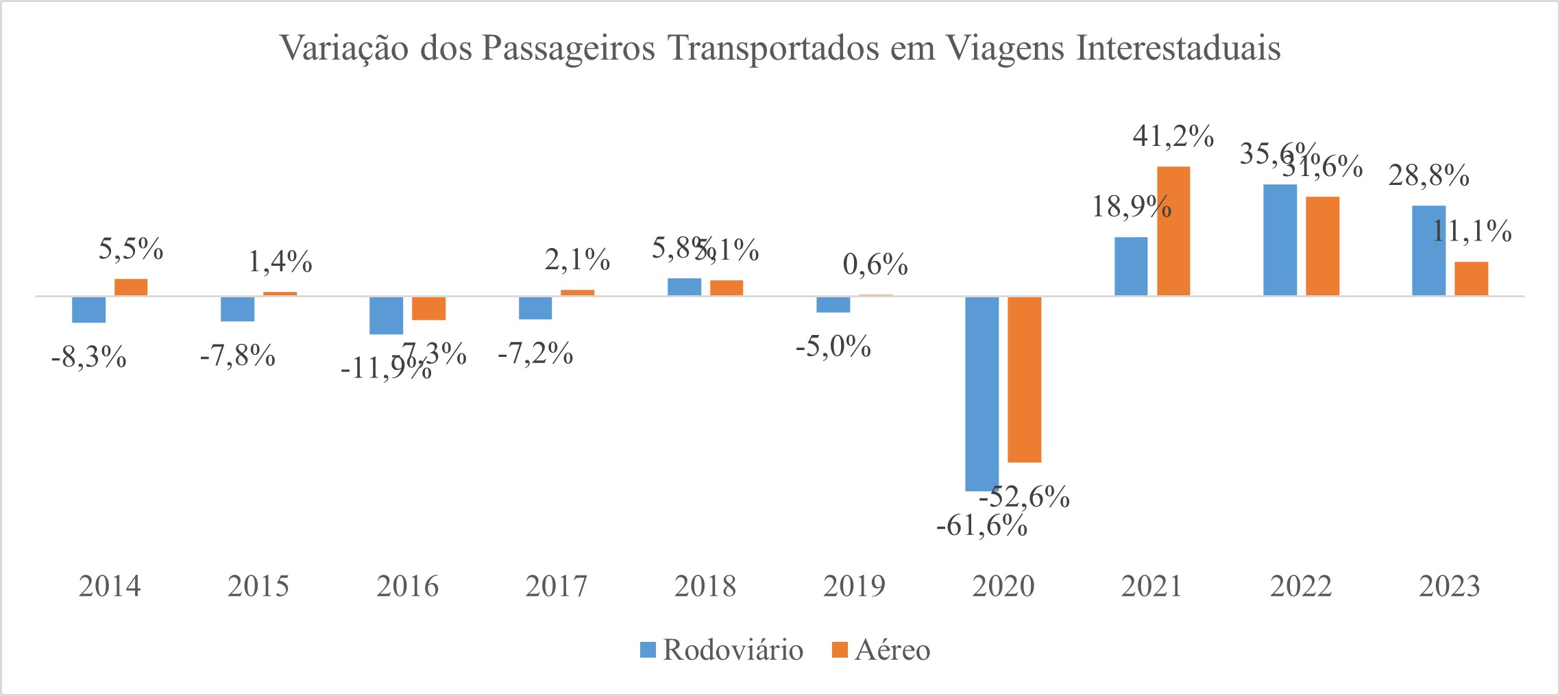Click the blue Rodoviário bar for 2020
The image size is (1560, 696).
pos(982,393)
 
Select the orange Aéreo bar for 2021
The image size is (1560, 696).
pos(1173,231)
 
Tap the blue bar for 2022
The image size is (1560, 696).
pos(1280,240)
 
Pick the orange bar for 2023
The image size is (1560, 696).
pos(1471,278)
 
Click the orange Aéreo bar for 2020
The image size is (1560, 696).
pos(1024,379)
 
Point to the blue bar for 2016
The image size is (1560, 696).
pos(386,315)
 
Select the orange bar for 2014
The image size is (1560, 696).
pos(131,287)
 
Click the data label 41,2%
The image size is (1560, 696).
pos(1173,136)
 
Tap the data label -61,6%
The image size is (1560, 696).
pos(982,526)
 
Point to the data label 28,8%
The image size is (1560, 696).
pos(1428,176)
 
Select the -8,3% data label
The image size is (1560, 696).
pos(89,357)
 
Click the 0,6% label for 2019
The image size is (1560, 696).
pos(875,264)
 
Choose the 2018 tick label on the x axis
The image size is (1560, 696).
pos(705,586)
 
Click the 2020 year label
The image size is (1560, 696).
pos(1003,586)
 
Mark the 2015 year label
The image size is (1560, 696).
pos(258,586)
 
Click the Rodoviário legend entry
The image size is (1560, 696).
pos(732,649)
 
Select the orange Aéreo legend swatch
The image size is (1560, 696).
pos(840,649)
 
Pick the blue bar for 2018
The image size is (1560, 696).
pos(684,287)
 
